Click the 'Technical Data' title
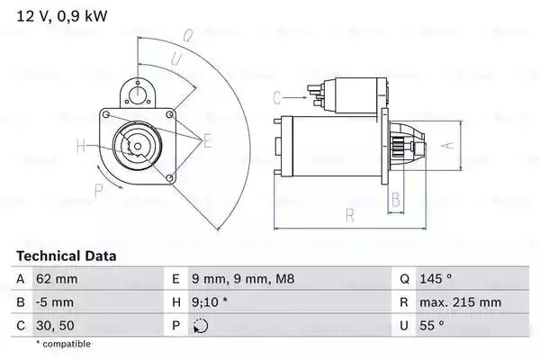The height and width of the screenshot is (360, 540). coord(67,256)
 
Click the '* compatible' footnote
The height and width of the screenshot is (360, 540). coord(63,345)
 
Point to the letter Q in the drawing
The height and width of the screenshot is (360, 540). coord(187,36)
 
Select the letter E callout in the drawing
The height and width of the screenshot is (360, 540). coord(207,139)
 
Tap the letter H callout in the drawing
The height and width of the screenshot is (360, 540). coord(81,146)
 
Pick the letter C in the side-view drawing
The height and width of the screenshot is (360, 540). coord(276,96)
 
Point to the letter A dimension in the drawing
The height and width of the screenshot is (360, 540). coord(442,143)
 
